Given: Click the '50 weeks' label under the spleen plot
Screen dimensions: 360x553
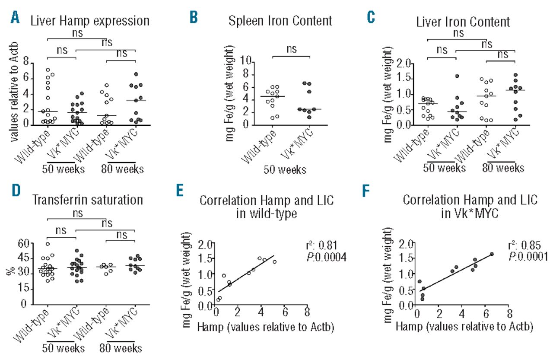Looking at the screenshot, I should [x=286, y=170].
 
